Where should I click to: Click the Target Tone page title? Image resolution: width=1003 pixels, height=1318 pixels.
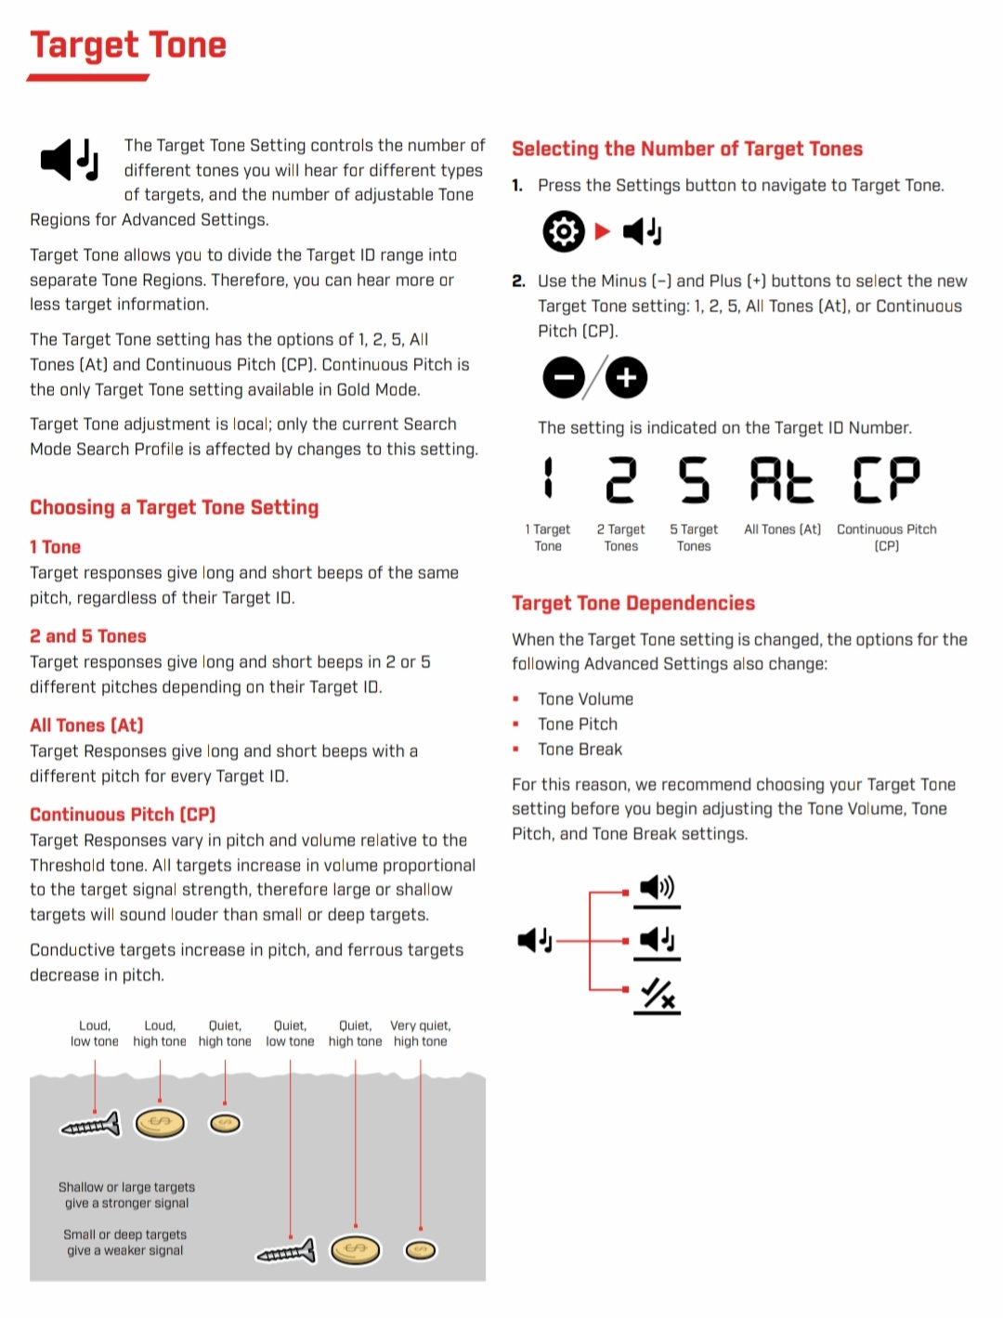pos(128,46)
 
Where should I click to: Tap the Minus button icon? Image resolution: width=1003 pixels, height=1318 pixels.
pos(564,378)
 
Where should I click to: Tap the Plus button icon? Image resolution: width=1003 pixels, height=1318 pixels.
pos(627,378)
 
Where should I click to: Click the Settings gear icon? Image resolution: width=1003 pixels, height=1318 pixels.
pos(564,231)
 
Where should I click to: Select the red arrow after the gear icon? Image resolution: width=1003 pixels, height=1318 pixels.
pos(603,231)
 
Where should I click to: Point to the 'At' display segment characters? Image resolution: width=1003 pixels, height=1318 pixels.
pos(781,480)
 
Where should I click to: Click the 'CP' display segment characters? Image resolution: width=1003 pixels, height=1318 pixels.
pos(886,480)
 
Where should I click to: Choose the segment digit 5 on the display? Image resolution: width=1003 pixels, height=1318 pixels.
pos(694,480)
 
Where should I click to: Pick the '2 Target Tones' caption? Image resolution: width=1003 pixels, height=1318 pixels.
pos(620,538)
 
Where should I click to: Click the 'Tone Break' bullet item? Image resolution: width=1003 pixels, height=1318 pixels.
pos(580,750)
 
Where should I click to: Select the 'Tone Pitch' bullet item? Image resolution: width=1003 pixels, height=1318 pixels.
pos(578,724)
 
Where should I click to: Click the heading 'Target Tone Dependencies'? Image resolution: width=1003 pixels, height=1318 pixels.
pos(633,604)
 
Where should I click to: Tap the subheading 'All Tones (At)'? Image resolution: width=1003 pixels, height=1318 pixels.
pos(86,725)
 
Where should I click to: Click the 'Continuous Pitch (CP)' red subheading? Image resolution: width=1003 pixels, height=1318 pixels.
pos(123,815)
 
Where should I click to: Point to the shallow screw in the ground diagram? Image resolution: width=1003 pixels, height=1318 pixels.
pos(91,1126)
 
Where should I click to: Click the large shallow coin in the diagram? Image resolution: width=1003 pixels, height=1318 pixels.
pos(160,1124)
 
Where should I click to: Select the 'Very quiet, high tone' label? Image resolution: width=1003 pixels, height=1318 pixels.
pos(421,1034)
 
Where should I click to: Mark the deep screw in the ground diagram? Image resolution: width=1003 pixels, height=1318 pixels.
pos(286,1253)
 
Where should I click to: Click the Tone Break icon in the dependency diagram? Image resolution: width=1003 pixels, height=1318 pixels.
pos(658,994)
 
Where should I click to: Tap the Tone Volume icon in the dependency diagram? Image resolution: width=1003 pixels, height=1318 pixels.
pos(658,888)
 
